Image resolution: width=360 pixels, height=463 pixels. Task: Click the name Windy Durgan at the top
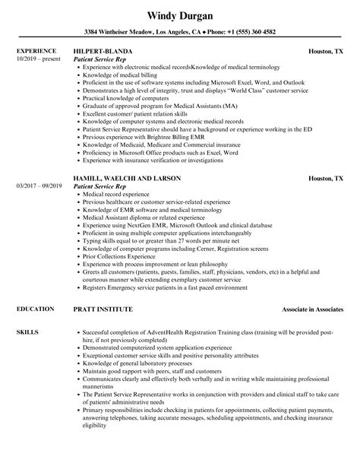point(180,15)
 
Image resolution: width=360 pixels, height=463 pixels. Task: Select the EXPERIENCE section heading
point(36,51)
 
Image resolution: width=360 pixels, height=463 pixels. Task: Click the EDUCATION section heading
point(35,288)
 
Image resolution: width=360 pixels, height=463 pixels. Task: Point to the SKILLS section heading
point(27,311)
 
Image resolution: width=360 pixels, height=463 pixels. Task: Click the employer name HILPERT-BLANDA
point(100,51)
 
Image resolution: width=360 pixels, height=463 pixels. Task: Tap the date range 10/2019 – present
point(38,59)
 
